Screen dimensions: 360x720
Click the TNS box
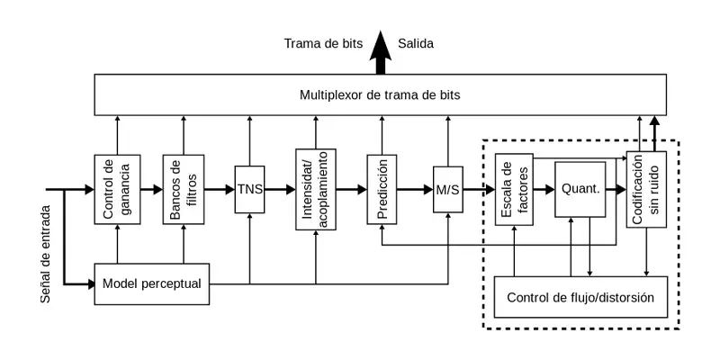click(249, 190)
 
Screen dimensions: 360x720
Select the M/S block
click(446, 190)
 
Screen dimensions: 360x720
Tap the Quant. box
click(580, 190)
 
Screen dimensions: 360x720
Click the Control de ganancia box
click(118, 190)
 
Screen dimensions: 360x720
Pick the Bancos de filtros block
click(184, 190)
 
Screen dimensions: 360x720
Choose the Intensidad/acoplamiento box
click(315, 190)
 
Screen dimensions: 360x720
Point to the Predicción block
click(382, 190)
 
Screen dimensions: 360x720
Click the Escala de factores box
click(515, 190)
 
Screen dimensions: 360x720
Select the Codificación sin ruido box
click(646, 190)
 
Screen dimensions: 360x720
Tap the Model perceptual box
click(151, 284)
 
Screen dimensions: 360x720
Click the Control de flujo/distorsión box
click(580, 297)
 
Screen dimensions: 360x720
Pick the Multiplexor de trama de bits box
click(382, 94)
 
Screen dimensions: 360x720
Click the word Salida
click(416, 43)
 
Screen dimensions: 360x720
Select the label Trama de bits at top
click(323, 43)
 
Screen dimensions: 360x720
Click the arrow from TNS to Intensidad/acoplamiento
click(280, 190)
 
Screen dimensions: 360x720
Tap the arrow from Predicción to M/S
click(415, 190)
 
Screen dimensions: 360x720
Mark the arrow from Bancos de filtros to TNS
click(220, 190)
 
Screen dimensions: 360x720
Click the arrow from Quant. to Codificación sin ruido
click(616, 190)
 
